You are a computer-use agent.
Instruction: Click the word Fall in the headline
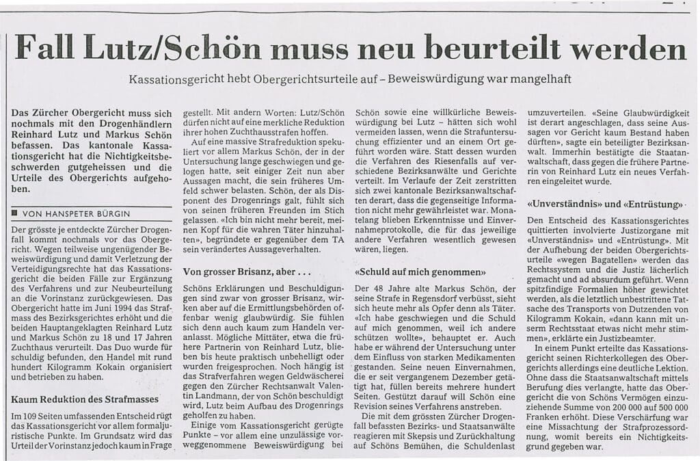pos(55,48)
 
